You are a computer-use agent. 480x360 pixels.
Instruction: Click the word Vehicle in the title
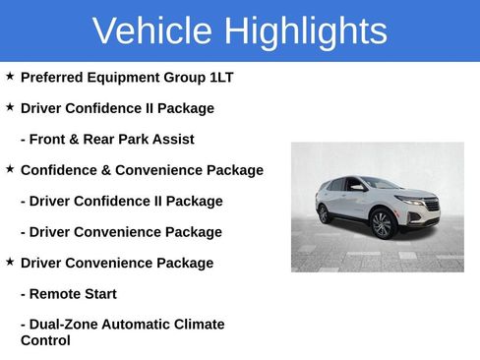click(x=152, y=31)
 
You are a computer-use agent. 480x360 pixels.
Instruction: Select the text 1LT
click(x=219, y=77)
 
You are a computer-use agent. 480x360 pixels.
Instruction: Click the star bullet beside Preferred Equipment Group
click(x=10, y=75)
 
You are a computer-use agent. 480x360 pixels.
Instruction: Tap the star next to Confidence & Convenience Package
click(x=10, y=168)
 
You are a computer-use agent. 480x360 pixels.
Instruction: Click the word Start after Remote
click(x=101, y=294)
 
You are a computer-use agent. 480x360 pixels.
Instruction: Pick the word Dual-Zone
click(x=68, y=325)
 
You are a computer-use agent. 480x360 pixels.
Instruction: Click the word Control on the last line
click(x=45, y=340)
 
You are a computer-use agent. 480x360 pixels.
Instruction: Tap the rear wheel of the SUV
click(x=324, y=213)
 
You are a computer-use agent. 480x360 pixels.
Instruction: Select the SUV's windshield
click(x=380, y=184)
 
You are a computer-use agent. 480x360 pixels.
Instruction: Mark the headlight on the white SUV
click(x=410, y=201)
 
